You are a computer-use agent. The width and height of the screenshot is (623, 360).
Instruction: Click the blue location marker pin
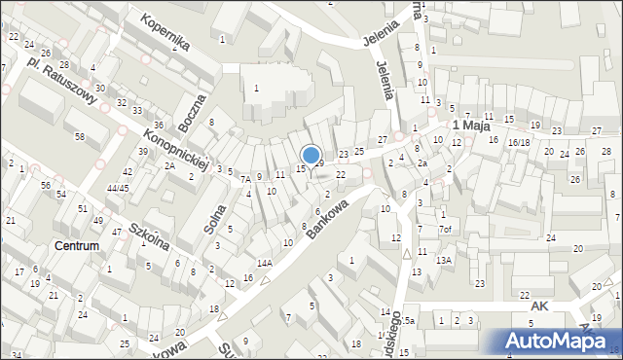tap(311, 155)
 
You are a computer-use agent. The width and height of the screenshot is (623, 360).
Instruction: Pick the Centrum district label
tap(77, 246)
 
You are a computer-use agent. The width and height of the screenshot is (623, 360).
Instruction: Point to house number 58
tap(79, 135)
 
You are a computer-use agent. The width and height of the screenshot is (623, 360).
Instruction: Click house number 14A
tap(264, 263)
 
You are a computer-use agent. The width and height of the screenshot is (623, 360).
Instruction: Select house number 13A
tap(443, 260)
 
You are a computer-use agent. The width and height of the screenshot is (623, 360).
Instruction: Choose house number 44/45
tap(118, 188)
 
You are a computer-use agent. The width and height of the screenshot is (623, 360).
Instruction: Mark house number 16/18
tap(518, 142)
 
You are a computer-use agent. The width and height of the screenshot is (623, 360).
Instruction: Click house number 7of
tap(445, 230)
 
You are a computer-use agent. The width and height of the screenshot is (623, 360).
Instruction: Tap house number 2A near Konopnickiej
tap(169, 166)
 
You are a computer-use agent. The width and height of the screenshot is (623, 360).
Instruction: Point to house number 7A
tap(246, 179)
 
